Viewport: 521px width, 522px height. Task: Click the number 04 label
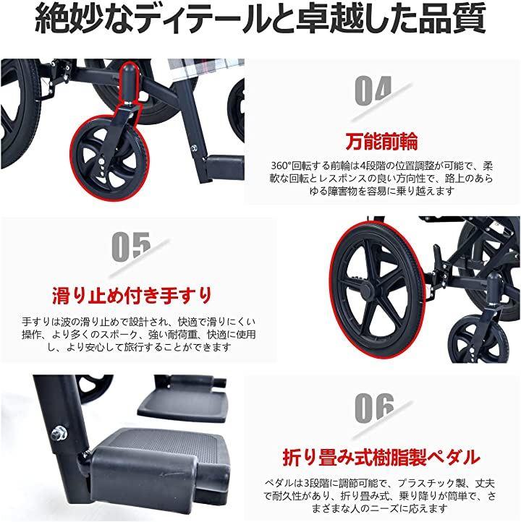[373, 90]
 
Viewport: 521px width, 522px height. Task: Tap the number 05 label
[131, 247]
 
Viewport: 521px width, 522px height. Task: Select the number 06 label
[374, 408]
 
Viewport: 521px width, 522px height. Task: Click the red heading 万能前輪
[382, 142]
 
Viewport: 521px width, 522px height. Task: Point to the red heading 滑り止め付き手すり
[132, 296]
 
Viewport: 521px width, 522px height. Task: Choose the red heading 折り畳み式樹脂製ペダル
[381, 458]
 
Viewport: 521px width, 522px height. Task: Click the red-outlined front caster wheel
[109, 158]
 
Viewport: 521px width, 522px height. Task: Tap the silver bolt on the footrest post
[59, 433]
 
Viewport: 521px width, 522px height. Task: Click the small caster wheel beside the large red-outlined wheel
[478, 341]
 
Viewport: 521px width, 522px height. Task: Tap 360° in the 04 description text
[281, 166]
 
